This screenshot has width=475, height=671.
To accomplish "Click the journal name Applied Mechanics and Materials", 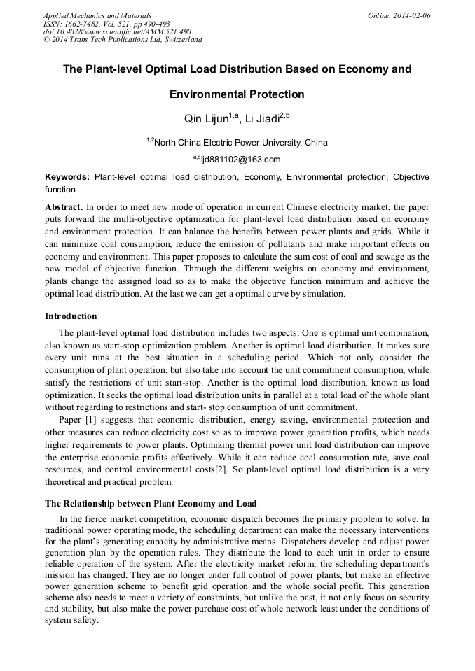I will tap(97, 15).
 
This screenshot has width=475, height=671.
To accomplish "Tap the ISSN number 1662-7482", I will tap(83, 24).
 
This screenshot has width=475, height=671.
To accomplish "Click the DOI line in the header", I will tap(117, 31).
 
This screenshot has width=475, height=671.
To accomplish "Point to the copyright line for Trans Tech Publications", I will tap(123, 40).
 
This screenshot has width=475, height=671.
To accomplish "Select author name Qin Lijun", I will tap(207, 119).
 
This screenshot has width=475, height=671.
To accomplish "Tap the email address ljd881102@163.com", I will tap(240, 160).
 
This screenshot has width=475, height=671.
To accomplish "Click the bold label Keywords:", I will tap(67, 178).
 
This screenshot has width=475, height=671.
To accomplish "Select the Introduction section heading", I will tap(71, 316).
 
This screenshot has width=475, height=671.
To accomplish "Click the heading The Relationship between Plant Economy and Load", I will tap(151, 503).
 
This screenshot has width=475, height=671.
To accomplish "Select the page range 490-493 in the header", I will tap(154, 24).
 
